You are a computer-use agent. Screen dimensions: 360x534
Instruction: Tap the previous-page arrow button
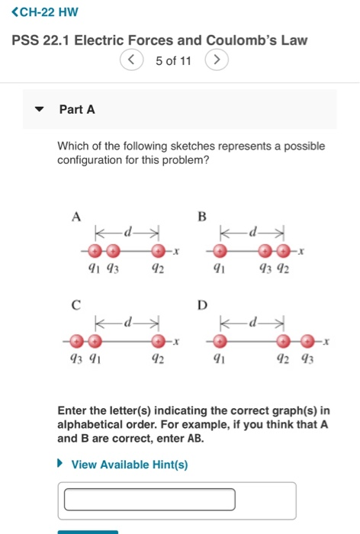(132, 60)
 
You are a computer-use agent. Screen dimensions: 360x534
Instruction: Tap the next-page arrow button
(217, 60)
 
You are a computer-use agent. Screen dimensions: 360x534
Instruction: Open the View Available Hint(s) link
(129, 465)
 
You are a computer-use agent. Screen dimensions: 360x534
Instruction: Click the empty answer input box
(149, 500)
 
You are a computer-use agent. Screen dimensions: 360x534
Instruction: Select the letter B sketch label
(202, 216)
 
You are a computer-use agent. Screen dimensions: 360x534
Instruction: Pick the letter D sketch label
(202, 306)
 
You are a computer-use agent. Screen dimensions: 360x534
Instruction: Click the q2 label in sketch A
(158, 268)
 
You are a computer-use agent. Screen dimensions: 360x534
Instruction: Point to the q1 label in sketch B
(219, 268)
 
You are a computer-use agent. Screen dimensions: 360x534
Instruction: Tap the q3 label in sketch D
(307, 358)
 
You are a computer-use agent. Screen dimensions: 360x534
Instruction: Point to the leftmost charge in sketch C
(76, 340)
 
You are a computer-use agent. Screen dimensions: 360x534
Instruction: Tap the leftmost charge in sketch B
(220, 250)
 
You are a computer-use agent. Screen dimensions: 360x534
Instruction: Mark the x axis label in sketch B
(301, 250)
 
